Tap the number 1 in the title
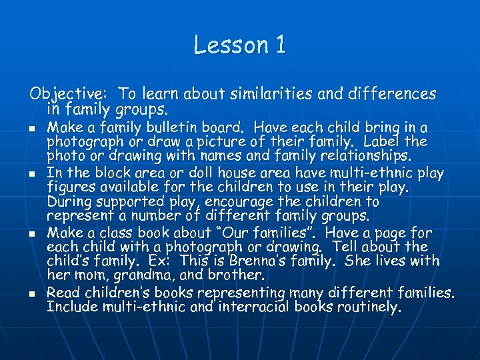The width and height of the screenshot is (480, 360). coord(279,45)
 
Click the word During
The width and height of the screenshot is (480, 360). coord(70,201)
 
